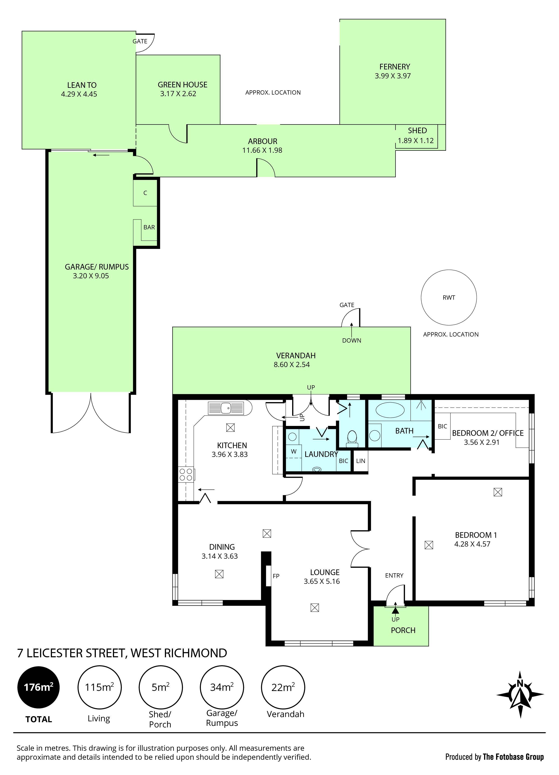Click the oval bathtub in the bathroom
click(x=390, y=410)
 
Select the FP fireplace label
click(x=276, y=576)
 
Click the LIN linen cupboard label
click(x=361, y=461)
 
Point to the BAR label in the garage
click(x=149, y=227)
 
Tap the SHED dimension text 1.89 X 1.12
click(x=416, y=140)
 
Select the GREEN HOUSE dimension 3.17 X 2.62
click(x=178, y=94)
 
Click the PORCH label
click(x=403, y=630)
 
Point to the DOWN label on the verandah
click(x=352, y=340)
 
